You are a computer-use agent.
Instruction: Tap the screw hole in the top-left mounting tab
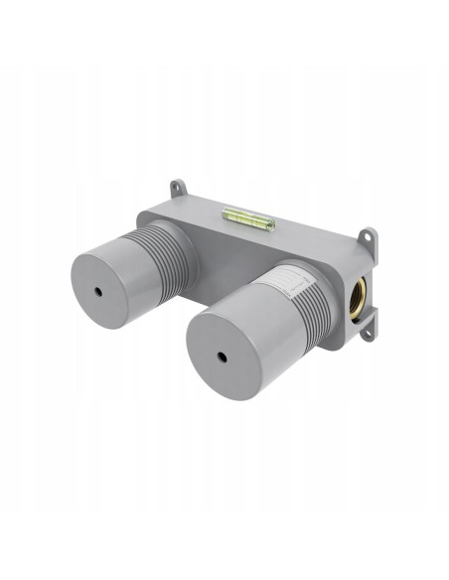tap(178, 186)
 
